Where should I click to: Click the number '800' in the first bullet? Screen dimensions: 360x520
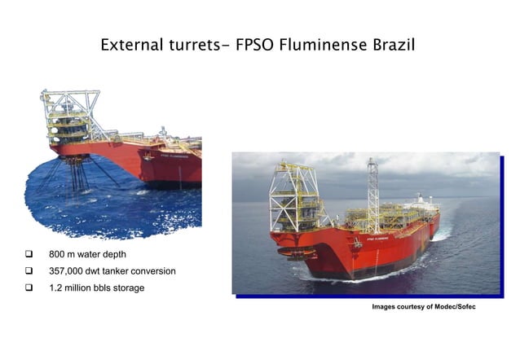(57, 255)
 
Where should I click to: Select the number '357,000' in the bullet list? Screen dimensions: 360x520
(68, 271)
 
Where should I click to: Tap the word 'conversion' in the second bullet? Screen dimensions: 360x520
(152, 271)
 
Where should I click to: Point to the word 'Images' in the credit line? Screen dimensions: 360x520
(385, 306)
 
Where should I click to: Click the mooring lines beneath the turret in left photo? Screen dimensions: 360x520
(78, 174)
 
